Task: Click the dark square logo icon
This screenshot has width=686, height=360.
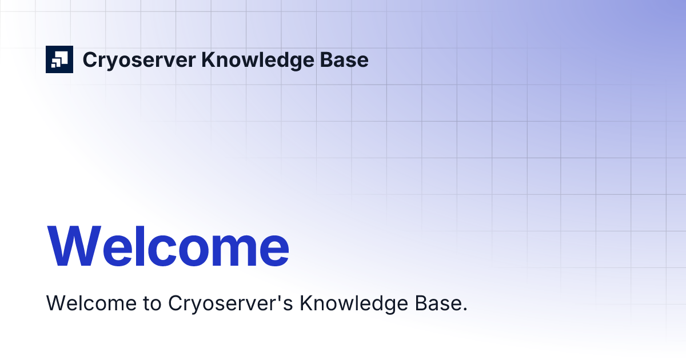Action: (x=59, y=59)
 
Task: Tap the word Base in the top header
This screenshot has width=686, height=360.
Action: (x=346, y=60)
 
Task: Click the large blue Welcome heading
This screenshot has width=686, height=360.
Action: (x=168, y=246)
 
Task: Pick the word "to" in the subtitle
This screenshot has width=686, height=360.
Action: (x=150, y=303)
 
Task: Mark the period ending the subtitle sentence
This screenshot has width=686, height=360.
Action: (x=465, y=310)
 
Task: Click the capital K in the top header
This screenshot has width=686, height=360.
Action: (x=209, y=59)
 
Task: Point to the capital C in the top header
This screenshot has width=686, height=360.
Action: (x=90, y=60)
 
